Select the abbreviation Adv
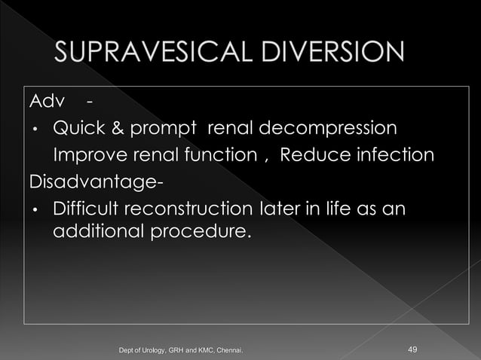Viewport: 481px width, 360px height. click(44, 102)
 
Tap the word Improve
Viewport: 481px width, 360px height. click(89, 156)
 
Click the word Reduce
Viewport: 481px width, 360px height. click(313, 156)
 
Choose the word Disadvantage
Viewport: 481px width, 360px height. click(92, 183)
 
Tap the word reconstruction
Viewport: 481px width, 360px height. click(188, 209)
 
